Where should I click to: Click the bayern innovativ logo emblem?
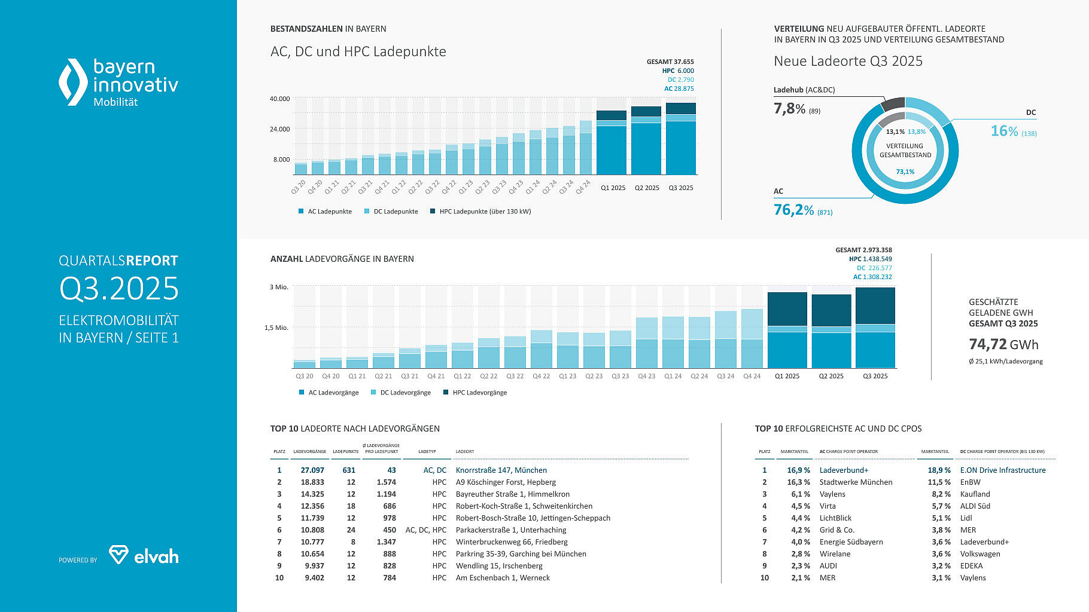73,82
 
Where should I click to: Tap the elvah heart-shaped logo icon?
118,555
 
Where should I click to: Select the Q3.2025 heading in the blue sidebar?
118,289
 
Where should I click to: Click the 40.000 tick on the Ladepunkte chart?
279,99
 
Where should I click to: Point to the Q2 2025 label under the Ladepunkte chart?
647,188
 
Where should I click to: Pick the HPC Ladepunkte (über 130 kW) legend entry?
480,212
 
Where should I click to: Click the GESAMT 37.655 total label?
670,62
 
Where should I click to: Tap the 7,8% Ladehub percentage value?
789,109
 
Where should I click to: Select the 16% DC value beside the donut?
1004,131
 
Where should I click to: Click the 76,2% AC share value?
793,210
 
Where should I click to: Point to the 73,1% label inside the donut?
905,172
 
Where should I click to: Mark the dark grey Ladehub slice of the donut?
893,104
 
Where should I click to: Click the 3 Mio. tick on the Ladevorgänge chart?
279,287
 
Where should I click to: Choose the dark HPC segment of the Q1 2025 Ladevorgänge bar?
787,309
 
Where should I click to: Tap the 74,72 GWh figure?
1003,345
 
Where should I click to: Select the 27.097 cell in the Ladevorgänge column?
312,470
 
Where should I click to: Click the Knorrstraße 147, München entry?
501,470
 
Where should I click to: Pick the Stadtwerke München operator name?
856,482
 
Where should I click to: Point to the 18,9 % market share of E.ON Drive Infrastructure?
939,470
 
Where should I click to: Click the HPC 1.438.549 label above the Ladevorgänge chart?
870,259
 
